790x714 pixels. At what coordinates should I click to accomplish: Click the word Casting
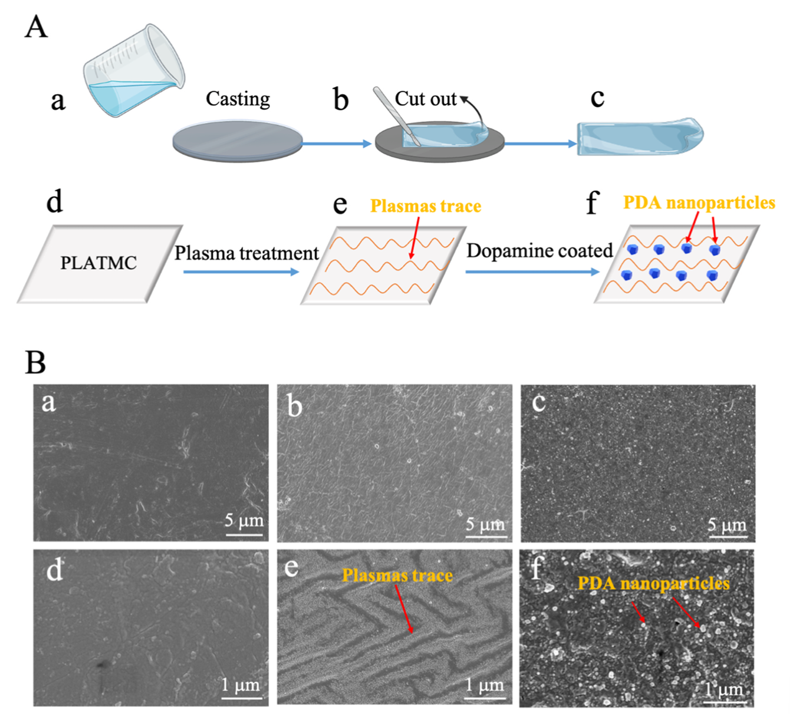coord(238,99)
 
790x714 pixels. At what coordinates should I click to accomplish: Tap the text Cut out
coord(425,99)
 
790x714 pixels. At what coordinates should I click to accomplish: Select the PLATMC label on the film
coord(98,263)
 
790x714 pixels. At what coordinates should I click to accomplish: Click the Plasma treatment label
coord(246,253)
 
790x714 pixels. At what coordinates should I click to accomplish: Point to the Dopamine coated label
coord(539,251)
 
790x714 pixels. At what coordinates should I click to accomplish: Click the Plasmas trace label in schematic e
coord(426,206)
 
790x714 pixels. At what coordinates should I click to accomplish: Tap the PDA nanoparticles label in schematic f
coord(699,203)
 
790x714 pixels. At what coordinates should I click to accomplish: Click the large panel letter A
coord(36,27)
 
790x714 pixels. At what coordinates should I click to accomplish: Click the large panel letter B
coord(35,362)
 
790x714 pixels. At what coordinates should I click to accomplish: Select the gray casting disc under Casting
coord(237,142)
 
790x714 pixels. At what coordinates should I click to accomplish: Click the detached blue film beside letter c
coord(640,138)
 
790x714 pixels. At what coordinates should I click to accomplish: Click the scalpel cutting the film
coord(396,115)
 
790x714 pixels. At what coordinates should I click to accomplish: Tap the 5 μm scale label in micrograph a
coord(244,521)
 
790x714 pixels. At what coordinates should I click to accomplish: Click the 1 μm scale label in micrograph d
coord(241,685)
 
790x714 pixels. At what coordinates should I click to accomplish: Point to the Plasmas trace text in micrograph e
coord(397,576)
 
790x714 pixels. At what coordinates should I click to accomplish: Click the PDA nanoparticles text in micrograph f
coord(653,584)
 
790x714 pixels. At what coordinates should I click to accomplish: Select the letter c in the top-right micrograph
coord(538,403)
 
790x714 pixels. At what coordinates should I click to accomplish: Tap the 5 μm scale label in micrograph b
coord(485,524)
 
